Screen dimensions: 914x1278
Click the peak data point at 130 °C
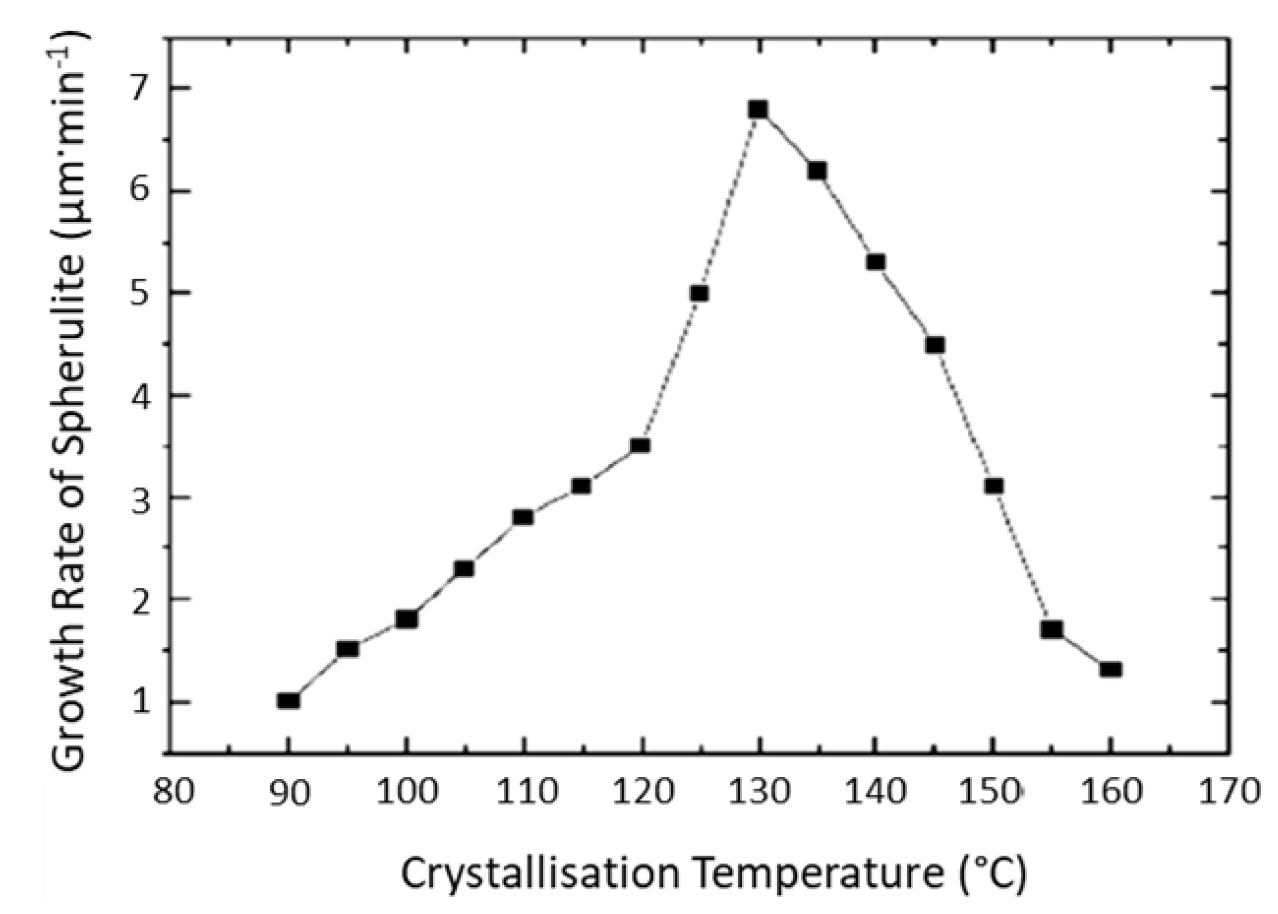pyautogui.click(x=758, y=110)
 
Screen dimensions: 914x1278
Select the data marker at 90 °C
pyautogui.click(x=288, y=700)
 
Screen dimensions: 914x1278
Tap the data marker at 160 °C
pyautogui.click(x=1111, y=670)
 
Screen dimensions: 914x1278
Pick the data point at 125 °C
pyautogui.click(x=699, y=293)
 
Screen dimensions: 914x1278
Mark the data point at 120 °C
pyautogui.click(x=641, y=447)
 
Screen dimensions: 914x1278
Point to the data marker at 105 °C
pyautogui.click(x=464, y=569)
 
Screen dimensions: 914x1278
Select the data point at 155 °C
pyautogui.click(x=1052, y=629)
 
